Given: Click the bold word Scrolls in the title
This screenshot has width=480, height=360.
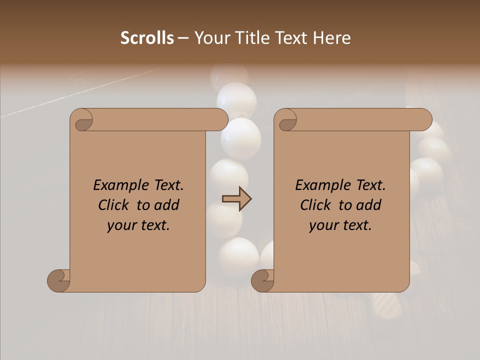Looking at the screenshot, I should (147, 38).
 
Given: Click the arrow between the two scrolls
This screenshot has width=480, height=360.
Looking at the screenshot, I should (236, 199).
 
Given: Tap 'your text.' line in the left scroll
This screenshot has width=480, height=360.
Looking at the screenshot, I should (138, 225).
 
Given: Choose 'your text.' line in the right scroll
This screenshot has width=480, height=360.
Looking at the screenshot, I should (340, 225).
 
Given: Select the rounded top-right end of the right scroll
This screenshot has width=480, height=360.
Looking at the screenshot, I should (424, 119).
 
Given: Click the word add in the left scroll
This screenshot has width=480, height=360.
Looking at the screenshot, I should (167, 205).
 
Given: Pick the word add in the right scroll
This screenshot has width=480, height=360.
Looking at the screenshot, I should (369, 205).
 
